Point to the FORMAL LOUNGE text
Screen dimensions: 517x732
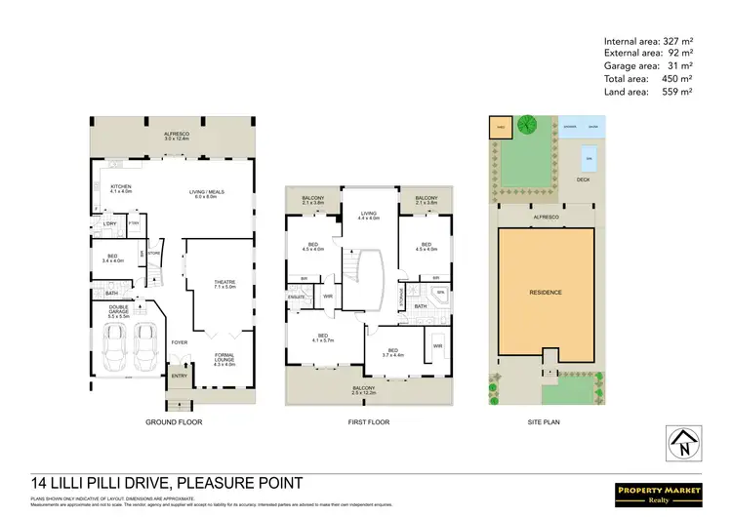click(224, 358)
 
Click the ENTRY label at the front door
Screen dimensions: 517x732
click(179, 377)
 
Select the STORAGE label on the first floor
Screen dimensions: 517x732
click(404, 295)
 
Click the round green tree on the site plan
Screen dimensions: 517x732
click(527, 126)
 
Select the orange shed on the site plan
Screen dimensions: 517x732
click(499, 126)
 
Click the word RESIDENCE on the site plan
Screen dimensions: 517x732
click(546, 292)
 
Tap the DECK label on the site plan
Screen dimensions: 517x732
click(583, 180)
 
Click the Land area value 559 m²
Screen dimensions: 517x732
click(677, 91)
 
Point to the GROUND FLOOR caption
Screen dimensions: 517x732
click(174, 423)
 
